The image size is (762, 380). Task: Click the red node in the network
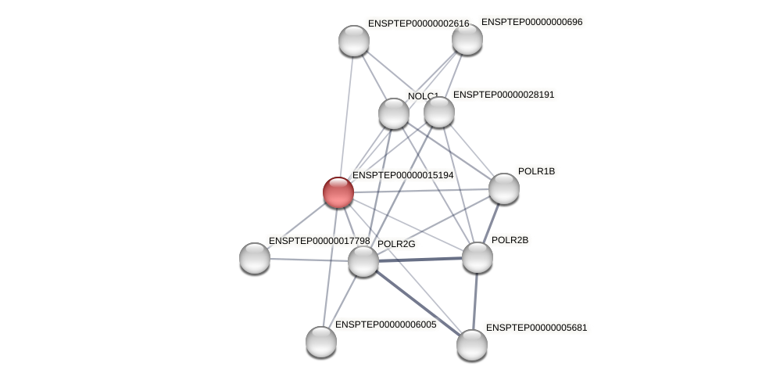point(338,192)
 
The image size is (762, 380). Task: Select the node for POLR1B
point(504,188)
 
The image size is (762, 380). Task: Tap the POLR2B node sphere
point(478,257)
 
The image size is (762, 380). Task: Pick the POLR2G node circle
point(363,261)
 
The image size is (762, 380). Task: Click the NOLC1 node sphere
point(394,113)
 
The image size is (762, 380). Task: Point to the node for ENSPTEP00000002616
point(354,41)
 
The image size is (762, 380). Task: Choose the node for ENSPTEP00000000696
point(467,39)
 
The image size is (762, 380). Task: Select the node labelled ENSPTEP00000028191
point(439,112)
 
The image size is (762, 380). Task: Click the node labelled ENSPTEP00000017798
point(255,258)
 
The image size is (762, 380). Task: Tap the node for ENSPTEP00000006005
point(321,342)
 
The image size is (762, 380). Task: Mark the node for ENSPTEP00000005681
point(472,345)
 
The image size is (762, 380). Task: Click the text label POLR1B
point(536,171)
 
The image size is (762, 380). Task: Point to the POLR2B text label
point(510,240)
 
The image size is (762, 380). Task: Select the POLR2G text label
point(396,244)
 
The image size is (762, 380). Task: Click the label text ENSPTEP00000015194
point(402,175)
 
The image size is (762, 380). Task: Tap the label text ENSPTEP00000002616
point(418,23)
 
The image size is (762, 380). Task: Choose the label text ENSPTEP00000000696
point(531,22)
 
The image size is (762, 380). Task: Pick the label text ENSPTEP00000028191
point(503,95)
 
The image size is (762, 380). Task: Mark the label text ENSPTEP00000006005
point(385,324)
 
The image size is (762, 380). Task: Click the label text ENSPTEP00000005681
point(536,328)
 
